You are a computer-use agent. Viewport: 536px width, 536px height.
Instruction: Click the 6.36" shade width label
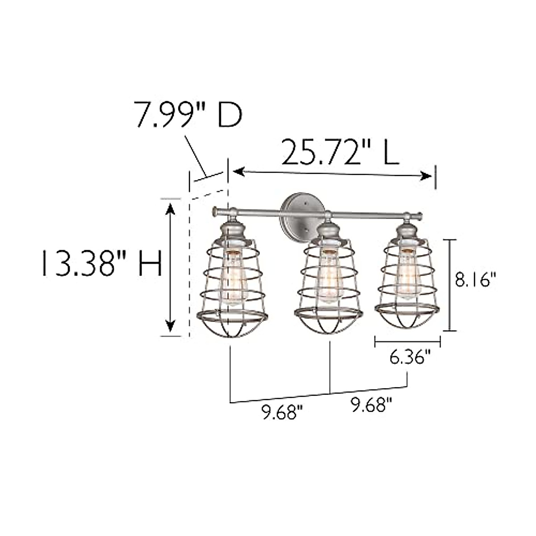click(x=410, y=358)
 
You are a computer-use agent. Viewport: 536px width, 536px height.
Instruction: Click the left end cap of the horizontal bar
click(x=215, y=210)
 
